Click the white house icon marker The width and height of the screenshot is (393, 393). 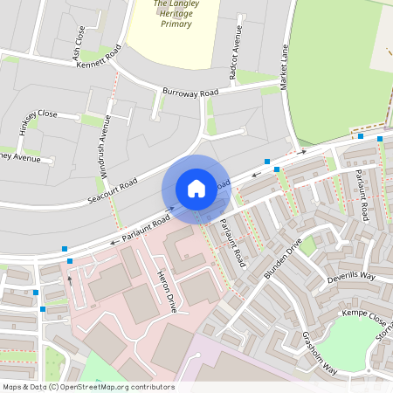(196, 189)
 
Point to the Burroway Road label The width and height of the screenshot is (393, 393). (190, 92)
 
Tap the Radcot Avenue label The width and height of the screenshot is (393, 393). (237, 52)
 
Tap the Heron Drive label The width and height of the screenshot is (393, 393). (165, 292)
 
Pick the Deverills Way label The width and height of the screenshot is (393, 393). (350, 278)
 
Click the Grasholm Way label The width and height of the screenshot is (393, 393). (320, 352)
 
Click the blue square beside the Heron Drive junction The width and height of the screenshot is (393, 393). (70, 261)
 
